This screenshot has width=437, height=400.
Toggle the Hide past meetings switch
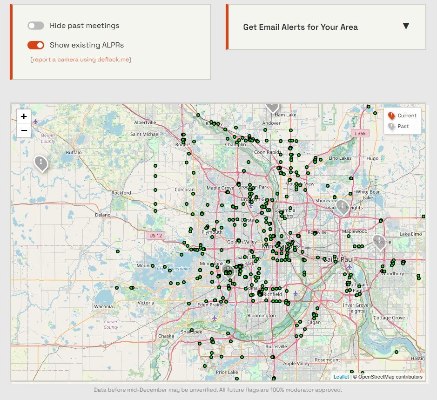point(36,26)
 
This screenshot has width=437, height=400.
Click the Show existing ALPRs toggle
point(36,45)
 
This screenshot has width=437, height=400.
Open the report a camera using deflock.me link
point(81,60)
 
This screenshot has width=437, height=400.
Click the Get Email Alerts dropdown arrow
point(406,27)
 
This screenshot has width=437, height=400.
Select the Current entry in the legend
point(403,115)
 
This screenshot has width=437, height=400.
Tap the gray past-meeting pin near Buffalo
point(41,163)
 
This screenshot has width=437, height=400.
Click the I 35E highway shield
point(361,133)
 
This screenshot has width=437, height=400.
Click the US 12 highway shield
point(155,236)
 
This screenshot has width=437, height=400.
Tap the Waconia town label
point(103,306)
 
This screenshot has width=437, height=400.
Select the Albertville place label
point(145,122)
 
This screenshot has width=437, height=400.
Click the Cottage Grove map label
point(389,318)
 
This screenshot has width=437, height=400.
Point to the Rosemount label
point(327,360)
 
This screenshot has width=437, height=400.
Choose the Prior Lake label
point(227,372)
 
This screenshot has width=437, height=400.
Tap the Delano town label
point(103,215)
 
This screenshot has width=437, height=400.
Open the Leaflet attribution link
point(341,377)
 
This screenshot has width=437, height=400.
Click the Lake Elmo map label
point(410,234)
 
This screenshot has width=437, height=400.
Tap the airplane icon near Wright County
point(35,122)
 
